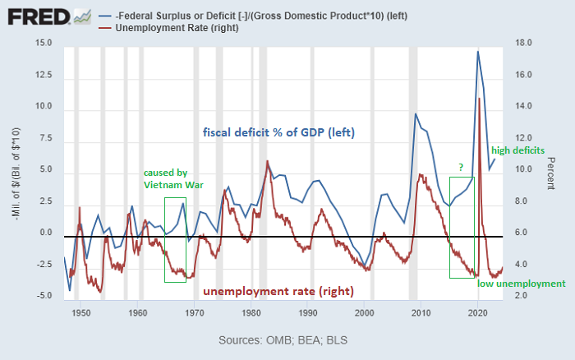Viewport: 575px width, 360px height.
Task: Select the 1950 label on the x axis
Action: (80, 312)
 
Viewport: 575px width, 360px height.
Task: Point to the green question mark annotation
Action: (461, 168)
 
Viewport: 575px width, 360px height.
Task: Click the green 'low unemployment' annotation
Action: (522, 284)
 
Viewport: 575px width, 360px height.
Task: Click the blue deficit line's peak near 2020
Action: (478, 52)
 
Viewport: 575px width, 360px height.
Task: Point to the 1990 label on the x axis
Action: (308, 312)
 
